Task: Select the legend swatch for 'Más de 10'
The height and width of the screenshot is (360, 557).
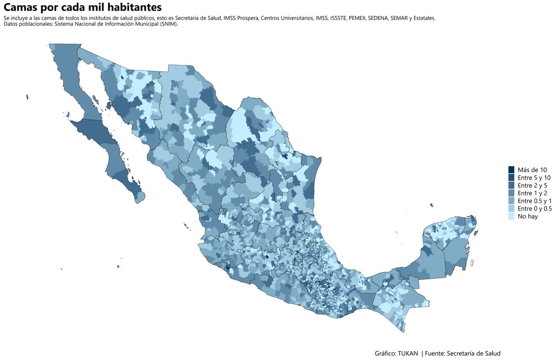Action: pyautogui.click(x=512, y=170)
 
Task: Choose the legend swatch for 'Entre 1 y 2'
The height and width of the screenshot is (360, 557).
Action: pyautogui.click(x=512, y=193)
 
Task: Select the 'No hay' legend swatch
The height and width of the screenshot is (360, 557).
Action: pyautogui.click(x=512, y=216)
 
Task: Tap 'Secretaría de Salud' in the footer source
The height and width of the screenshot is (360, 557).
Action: pyautogui.click(x=474, y=353)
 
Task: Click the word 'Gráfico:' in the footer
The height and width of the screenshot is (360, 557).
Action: pyautogui.click(x=386, y=353)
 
